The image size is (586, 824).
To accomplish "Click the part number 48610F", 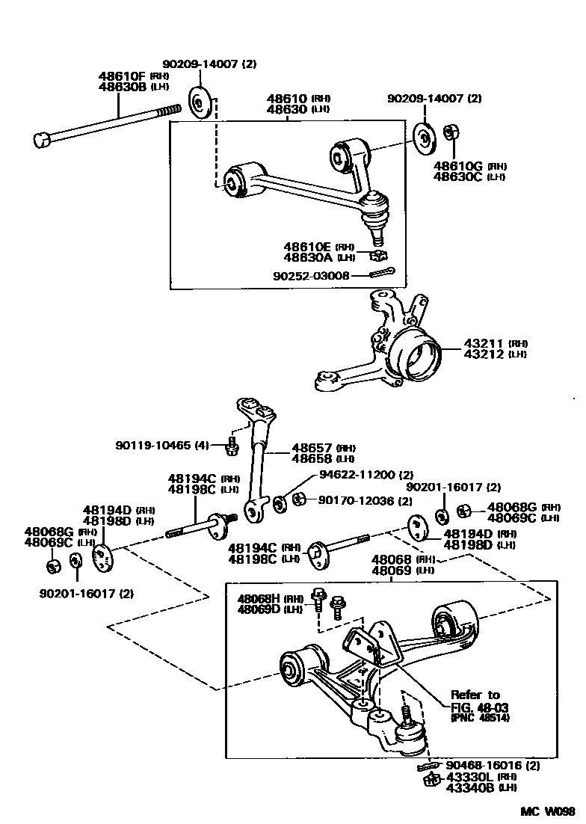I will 123,76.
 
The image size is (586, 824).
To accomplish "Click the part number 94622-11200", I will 357,474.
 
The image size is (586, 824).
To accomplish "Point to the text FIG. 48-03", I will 475,707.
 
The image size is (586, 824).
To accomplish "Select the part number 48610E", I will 307,247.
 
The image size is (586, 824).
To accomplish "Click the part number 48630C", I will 458,176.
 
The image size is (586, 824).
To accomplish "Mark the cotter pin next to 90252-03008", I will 382,273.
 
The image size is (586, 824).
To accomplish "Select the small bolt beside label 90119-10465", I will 231,448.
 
